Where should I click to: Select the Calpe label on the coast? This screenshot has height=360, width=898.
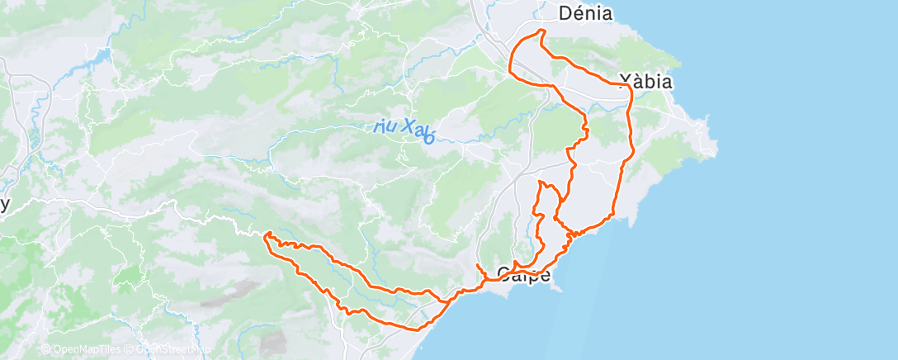(x=523, y=274)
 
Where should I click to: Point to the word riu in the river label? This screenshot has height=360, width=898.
(x=385, y=126)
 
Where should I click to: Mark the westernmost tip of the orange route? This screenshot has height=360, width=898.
(x=265, y=236)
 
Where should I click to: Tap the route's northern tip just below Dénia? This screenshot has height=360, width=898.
(x=541, y=31)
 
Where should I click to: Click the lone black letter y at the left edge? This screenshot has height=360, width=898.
(x=5, y=206)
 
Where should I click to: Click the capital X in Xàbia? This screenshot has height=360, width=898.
(x=626, y=82)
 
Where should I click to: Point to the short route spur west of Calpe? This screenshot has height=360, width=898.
(x=480, y=267)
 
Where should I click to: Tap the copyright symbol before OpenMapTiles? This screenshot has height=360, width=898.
(x=46, y=350)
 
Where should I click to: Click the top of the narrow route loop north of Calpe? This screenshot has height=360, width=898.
(x=540, y=182)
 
